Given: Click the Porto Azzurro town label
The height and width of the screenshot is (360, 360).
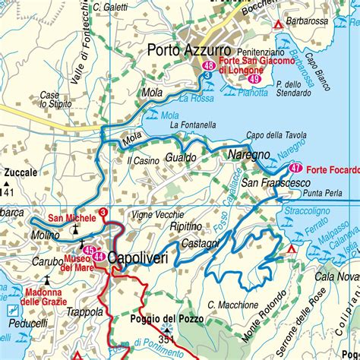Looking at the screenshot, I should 183,51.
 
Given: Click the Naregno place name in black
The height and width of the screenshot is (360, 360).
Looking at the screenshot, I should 245,154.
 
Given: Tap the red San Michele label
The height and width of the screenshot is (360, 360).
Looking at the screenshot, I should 72,218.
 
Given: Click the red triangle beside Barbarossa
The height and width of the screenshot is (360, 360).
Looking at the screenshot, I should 279,25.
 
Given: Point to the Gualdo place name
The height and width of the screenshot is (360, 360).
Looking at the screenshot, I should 179,157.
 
